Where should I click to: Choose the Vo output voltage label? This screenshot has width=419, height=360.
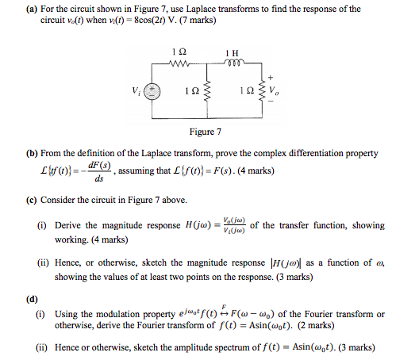[274, 91]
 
